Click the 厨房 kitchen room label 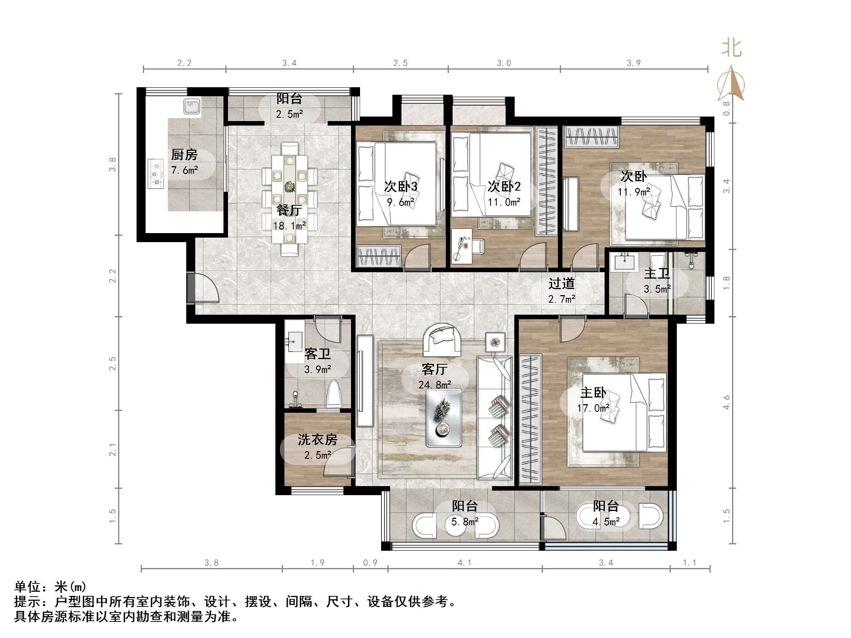coord(184,155)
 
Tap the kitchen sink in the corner coord(191,106)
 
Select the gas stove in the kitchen coord(156,173)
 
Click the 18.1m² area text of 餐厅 coord(289,226)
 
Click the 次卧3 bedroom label coord(401,186)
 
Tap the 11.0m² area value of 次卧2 coord(504,202)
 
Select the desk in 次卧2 coord(462,246)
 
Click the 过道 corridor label coord(561,283)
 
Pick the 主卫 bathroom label coord(657,273)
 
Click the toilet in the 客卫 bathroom coord(334,394)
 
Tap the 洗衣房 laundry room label coord(318,439)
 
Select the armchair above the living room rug coord(442,338)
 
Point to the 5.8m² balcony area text coord(464,521)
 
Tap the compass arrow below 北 coord(731,85)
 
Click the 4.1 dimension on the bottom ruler coord(464,563)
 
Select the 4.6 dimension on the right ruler coord(726,402)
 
